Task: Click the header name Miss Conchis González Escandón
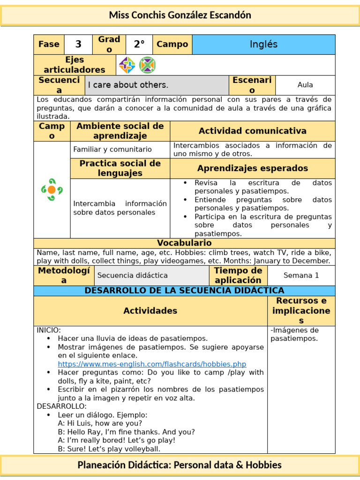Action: pyautogui.click(x=180, y=15)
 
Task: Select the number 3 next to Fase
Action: pyautogui.click(x=78, y=45)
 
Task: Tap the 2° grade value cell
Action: pyautogui.click(x=139, y=45)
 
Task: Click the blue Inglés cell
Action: pyautogui.click(x=263, y=45)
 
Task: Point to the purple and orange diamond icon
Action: pyautogui.click(x=127, y=65)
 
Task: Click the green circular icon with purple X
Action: pyautogui.click(x=147, y=65)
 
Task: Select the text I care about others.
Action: pyautogui.click(x=128, y=85)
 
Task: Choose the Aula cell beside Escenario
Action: pyautogui.click(x=305, y=85)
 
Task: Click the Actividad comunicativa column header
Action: pyautogui.click(x=252, y=131)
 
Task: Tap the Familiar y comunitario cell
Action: pyautogui.click(x=112, y=150)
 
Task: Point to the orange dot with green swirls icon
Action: pyautogui.click(x=52, y=189)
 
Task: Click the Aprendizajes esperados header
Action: pyautogui.click(x=252, y=168)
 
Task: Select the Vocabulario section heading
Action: pyautogui.click(x=184, y=243)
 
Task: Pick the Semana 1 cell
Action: pyautogui.click(x=301, y=276)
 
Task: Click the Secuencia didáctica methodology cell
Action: pyautogui.click(x=132, y=276)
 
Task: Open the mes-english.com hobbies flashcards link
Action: pyautogui.click(x=152, y=364)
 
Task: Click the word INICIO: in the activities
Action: pyautogui.click(x=49, y=330)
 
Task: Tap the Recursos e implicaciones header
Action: pyautogui.click(x=301, y=310)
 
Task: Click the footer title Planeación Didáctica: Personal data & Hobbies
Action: pyautogui.click(x=180, y=465)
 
